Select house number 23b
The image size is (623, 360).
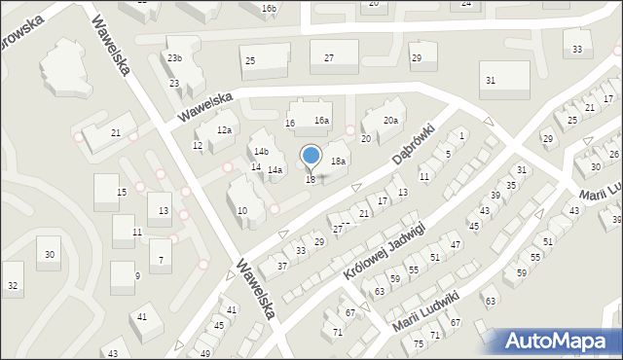click(x=174, y=58)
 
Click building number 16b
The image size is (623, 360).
click(x=270, y=9)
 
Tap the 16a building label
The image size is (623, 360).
click(x=321, y=121)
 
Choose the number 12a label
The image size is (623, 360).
click(x=225, y=129)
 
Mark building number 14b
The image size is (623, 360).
click(x=261, y=152)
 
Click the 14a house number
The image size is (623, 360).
click(x=275, y=170)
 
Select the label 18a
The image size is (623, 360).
click(x=338, y=161)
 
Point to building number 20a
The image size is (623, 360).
click(x=390, y=121)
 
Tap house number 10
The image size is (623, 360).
click(x=242, y=210)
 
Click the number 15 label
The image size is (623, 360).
click(x=122, y=193)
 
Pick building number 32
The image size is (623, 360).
click(x=12, y=286)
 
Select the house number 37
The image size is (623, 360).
click(x=282, y=266)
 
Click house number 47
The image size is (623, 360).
click(x=456, y=244)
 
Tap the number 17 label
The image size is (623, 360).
click(x=383, y=201)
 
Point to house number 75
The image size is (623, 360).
click(x=419, y=344)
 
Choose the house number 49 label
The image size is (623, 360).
click(x=205, y=353)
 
